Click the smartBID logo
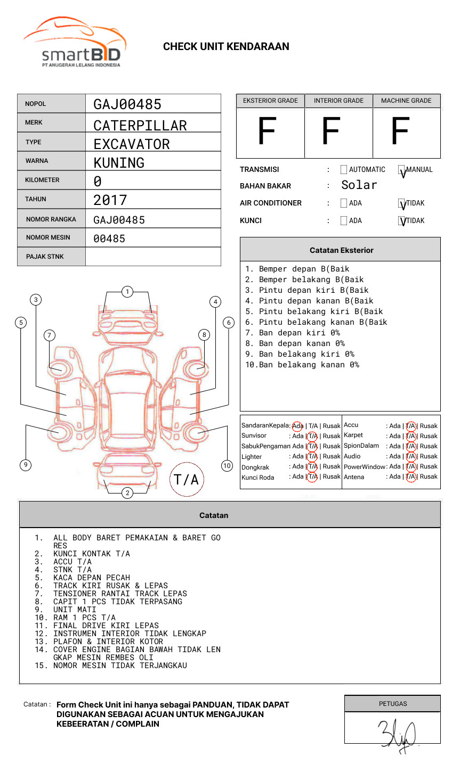[75, 43]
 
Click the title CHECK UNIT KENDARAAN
[226, 47]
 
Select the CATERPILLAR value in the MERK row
[140, 126]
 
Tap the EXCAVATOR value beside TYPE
[132, 144]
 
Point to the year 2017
[110, 200]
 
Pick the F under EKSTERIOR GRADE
[267, 131]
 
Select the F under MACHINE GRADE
[400, 131]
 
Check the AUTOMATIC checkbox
[344, 170]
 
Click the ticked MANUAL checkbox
[402, 170]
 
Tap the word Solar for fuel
[359, 185]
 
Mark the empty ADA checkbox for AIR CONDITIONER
[344, 203]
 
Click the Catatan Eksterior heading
[341, 250]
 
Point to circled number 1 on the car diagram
[127, 291]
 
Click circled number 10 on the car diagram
[227, 466]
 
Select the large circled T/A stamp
[187, 480]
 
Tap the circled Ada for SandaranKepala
[297, 426]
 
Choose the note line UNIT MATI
[75, 610]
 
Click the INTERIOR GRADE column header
[338, 101]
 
